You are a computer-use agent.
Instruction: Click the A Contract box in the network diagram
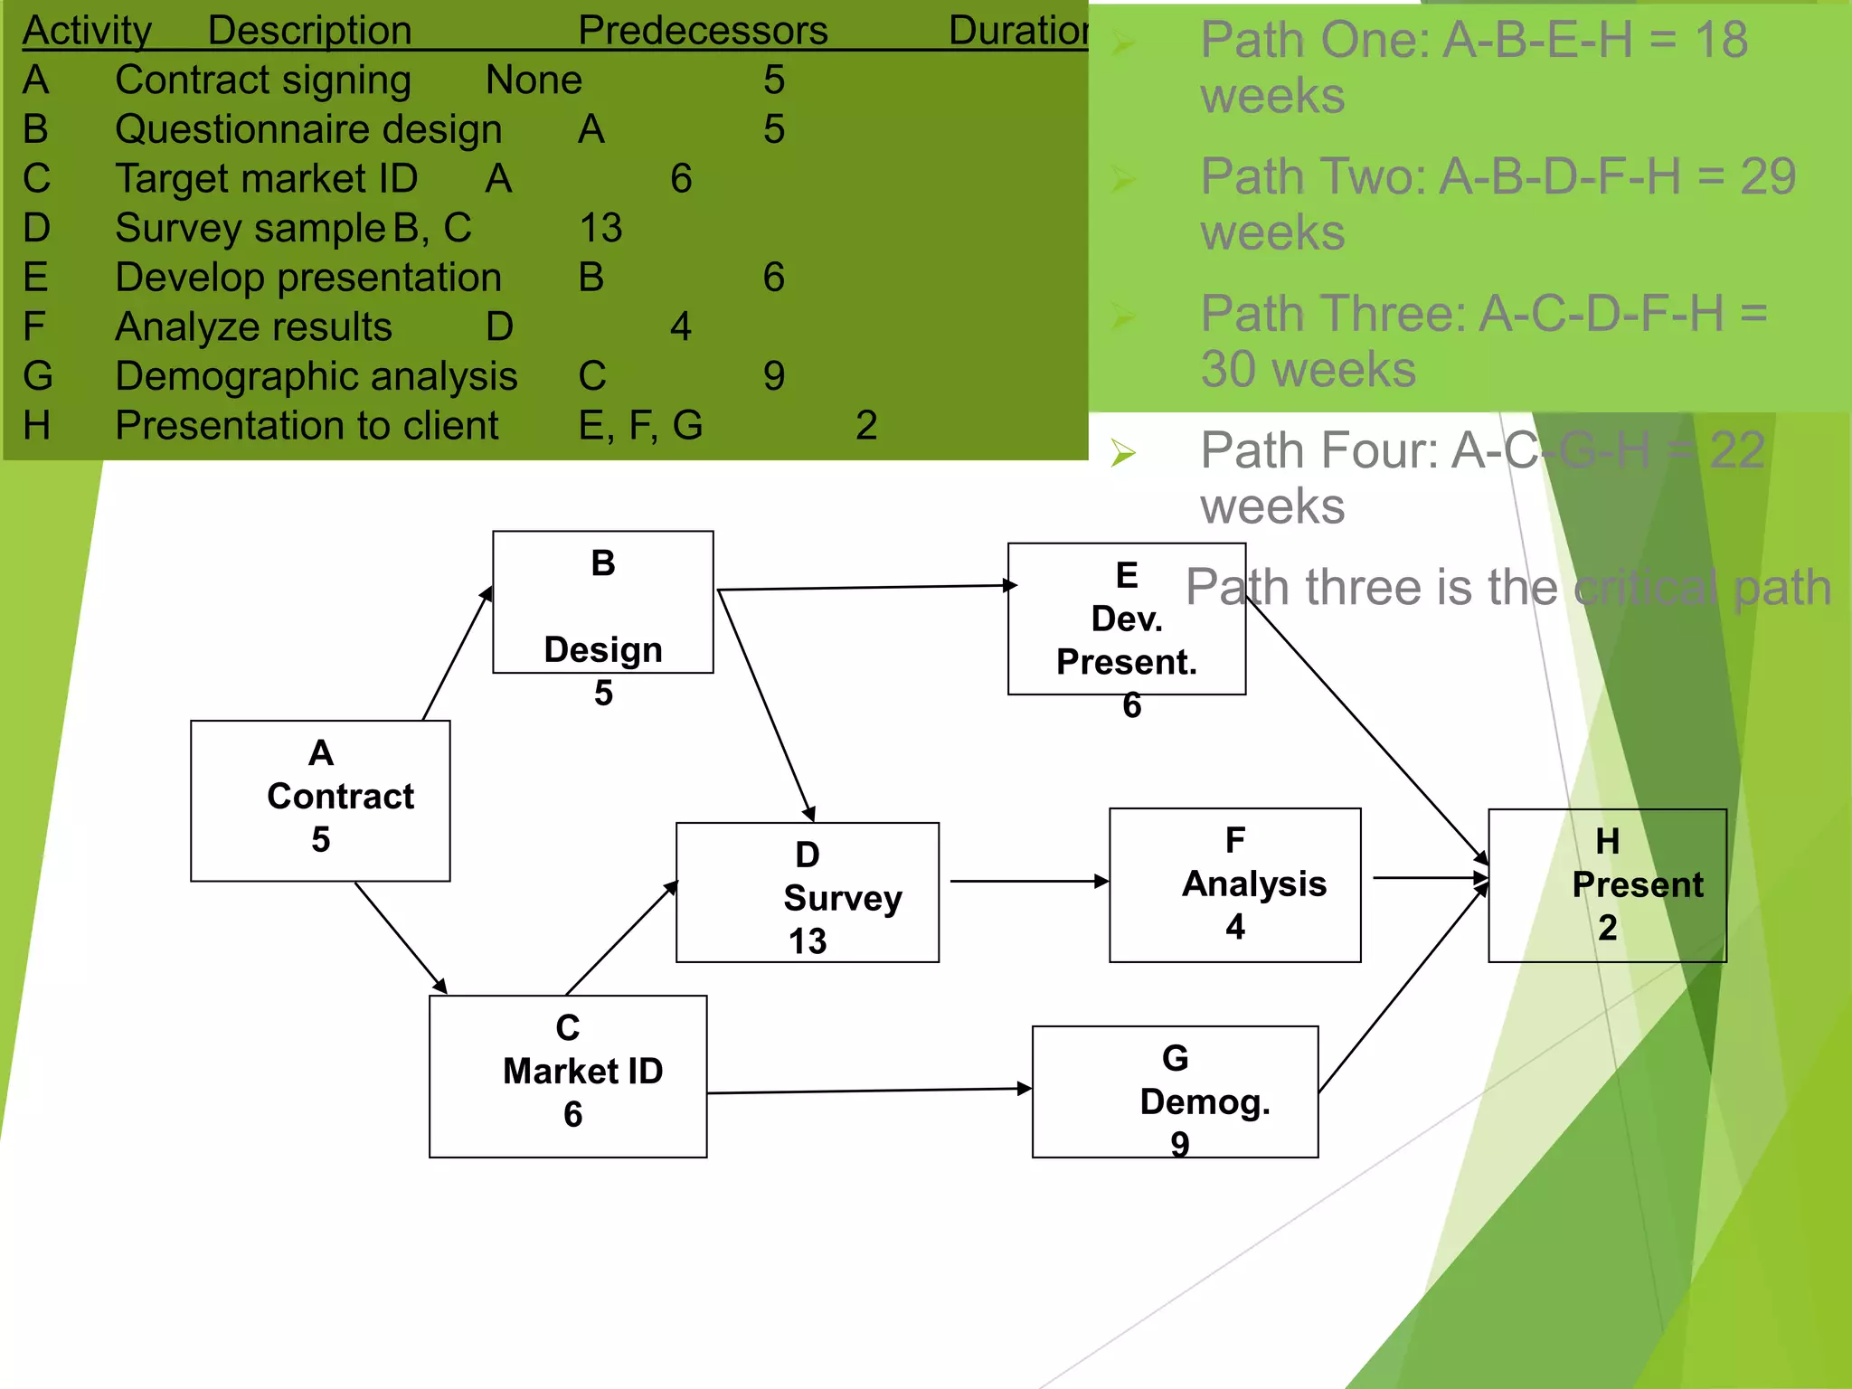[x=320, y=800]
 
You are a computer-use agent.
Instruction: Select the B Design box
[x=602, y=602]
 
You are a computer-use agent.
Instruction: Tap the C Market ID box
[x=568, y=1076]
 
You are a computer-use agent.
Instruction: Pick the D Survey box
[x=807, y=893]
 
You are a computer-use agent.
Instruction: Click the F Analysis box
[x=1234, y=885]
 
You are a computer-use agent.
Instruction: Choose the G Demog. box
[x=1175, y=1091]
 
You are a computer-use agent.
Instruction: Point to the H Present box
[x=1607, y=885]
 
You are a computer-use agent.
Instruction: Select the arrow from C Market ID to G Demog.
[x=868, y=1091]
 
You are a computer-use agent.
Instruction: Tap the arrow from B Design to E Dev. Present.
[x=864, y=588]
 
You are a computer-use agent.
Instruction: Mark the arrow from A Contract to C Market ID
[x=400, y=937]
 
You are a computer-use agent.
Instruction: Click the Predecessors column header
[x=703, y=31]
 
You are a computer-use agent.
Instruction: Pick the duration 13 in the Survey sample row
[x=600, y=228]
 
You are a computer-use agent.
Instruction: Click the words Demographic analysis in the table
[x=317, y=376]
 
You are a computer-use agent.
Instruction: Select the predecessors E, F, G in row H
[x=640, y=425]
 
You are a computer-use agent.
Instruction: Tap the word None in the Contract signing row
[x=534, y=80]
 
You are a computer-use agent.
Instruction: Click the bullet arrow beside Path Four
[x=1123, y=452]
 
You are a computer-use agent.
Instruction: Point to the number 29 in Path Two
[x=1767, y=176]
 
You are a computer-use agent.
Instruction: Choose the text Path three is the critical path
[x=1507, y=588]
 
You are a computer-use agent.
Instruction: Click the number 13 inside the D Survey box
[x=807, y=941]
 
